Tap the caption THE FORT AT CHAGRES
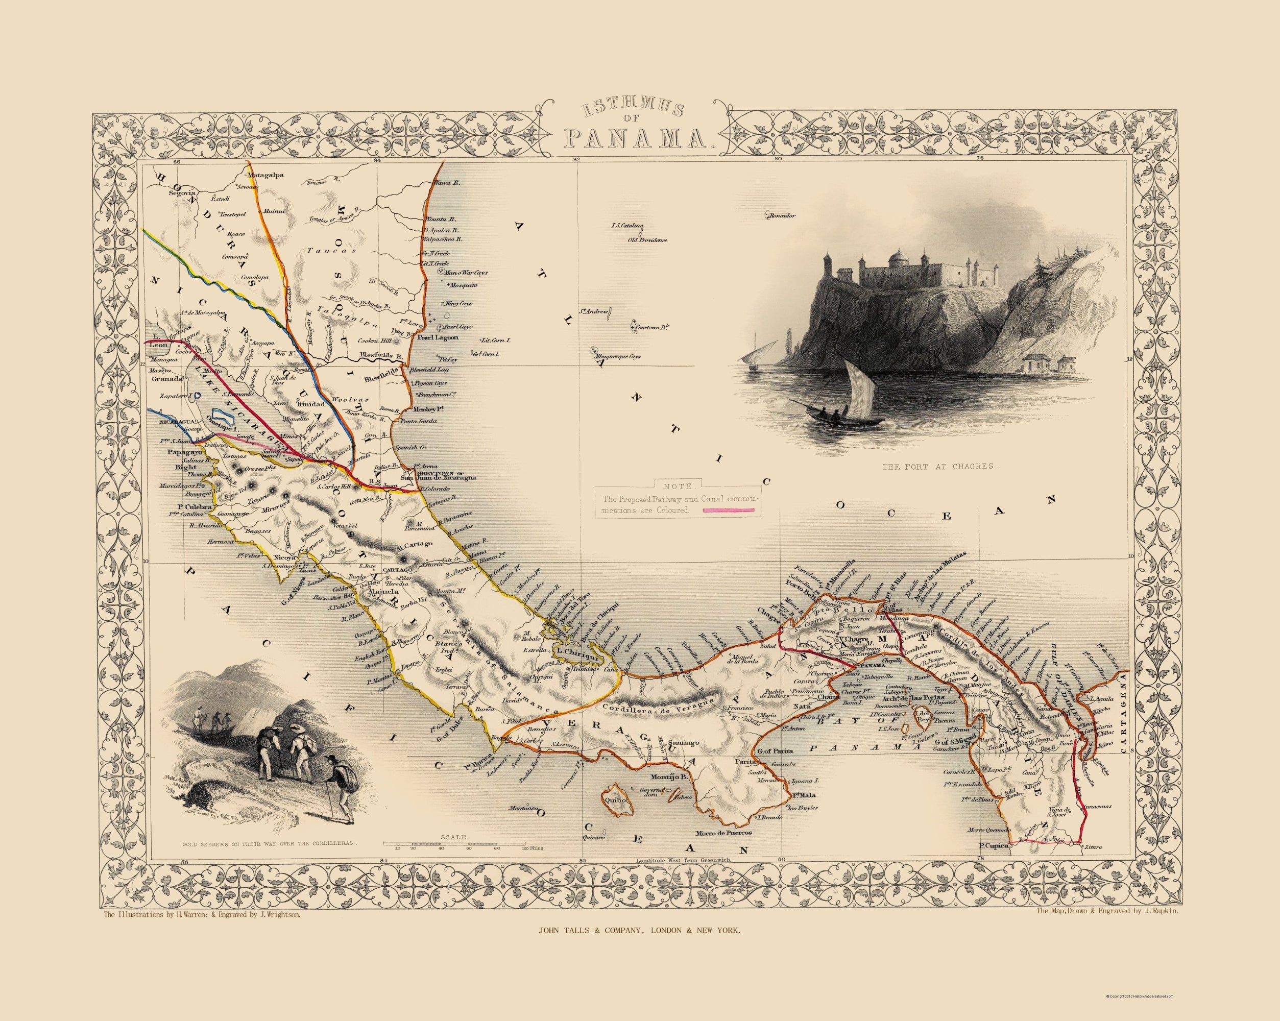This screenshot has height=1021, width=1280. point(940,466)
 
